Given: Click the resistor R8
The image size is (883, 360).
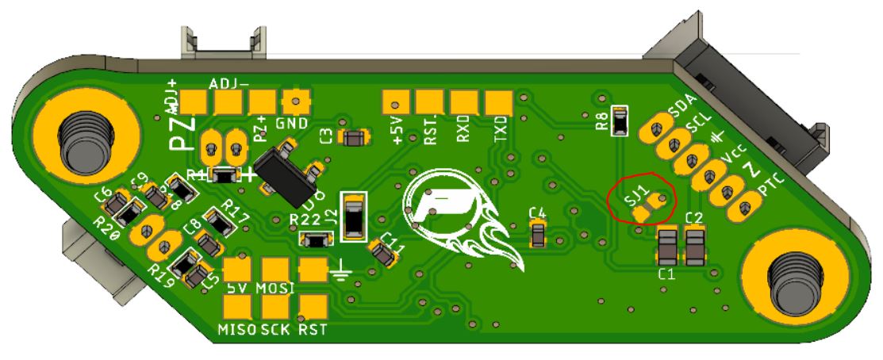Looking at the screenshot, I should pos(621,121).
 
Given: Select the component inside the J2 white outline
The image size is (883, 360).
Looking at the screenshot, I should pos(353,216).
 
